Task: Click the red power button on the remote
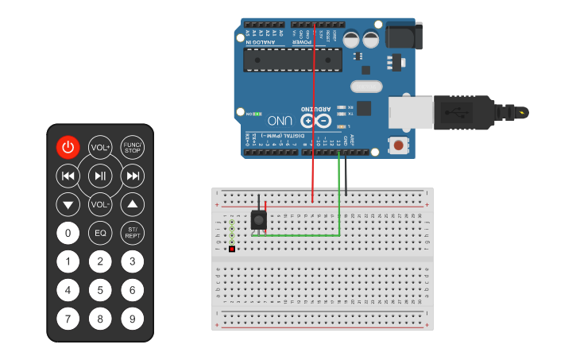tap(68, 147)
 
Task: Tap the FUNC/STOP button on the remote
tap(133, 147)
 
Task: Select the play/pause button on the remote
tap(100, 176)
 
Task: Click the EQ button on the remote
tap(100, 233)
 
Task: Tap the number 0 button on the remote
tap(68, 233)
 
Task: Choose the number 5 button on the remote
tap(100, 290)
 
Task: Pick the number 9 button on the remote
tap(133, 319)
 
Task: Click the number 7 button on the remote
tap(68, 319)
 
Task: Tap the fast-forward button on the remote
tap(133, 176)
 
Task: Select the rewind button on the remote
tap(68, 176)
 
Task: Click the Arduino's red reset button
tap(396, 145)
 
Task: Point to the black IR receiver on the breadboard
tap(257, 220)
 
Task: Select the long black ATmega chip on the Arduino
tap(292, 59)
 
